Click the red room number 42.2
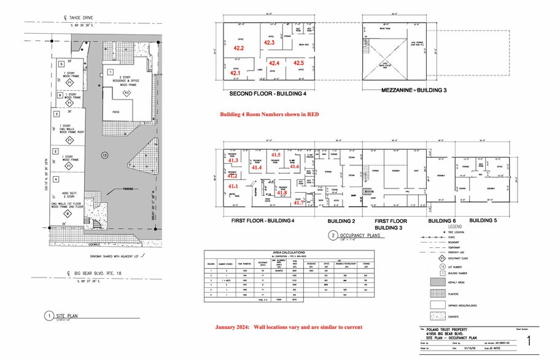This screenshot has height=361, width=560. point(239,48)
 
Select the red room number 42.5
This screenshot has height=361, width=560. point(298,63)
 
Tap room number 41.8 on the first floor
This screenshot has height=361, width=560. point(282,193)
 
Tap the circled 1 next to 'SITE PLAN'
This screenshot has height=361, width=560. point(47,316)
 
